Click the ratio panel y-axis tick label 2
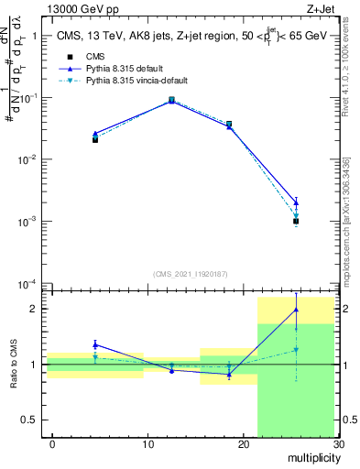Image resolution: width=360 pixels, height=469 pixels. pyautogui.click(x=34, y=309)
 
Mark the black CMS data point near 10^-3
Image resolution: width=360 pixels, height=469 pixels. pyautogui.click(x=296, y=221)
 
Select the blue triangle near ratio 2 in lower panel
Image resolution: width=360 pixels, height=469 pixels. pyautogui.click(x=296, y=310)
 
